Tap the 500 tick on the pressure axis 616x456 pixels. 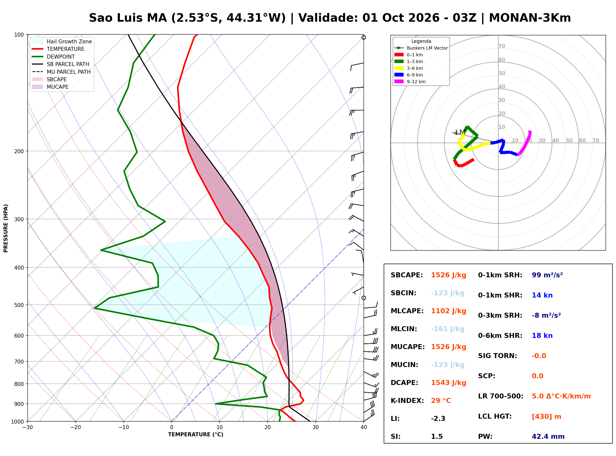19,305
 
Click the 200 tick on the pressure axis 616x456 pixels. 19,151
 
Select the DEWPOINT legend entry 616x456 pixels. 54,57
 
